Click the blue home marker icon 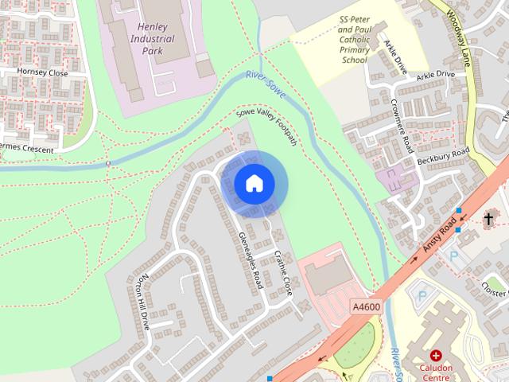(x=254, y=184)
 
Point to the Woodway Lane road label (x=460, y=40)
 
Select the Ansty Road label (x=438, y=237)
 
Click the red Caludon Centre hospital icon (x=436, y=355)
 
